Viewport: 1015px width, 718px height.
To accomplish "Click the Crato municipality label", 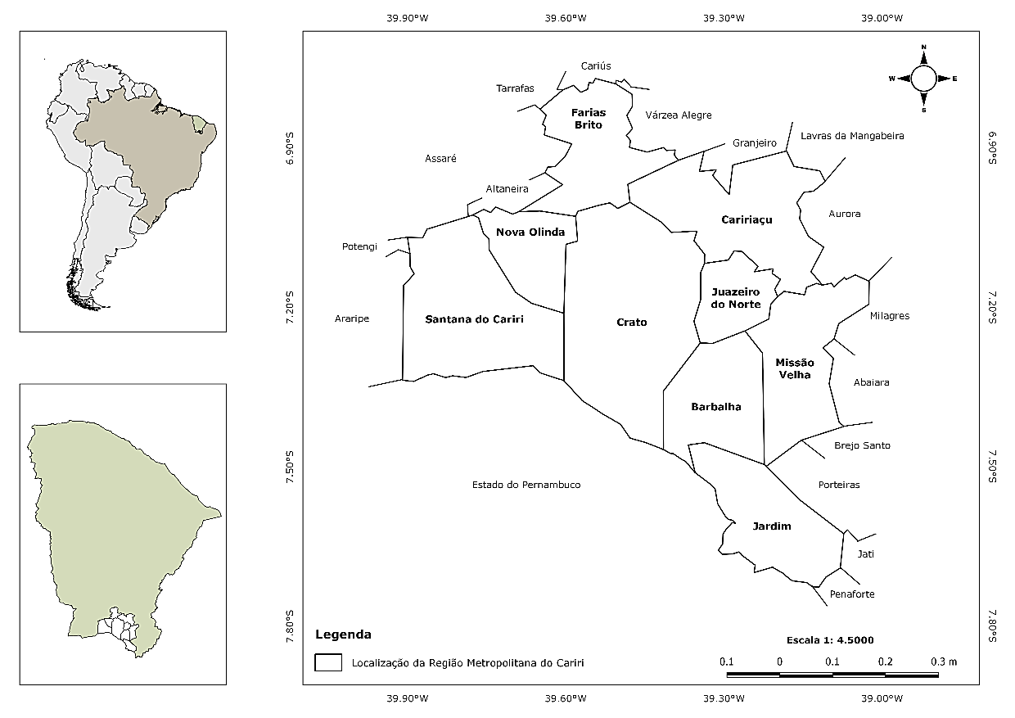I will [x=631, y=322].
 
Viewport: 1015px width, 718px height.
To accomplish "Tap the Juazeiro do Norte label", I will [x=736, y=298].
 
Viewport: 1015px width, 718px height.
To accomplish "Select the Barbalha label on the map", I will [x=716, y=406].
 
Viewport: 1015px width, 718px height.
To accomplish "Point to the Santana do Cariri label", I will [x=474, y=319].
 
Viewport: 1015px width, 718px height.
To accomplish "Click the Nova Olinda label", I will [x=530, y=232].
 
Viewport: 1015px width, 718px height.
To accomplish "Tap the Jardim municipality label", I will [x=772, y=526].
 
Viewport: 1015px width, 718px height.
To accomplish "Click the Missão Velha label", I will [x=794, y=368].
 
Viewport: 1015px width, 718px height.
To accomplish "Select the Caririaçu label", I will [x=747, y=219].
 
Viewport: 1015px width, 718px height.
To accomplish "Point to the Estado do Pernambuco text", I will [x=526, y=485].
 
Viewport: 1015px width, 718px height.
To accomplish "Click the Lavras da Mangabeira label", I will [x=852, y=136].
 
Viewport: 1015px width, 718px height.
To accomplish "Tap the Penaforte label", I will [x=852, y=594].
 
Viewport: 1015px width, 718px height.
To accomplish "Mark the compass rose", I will [x=923, y=79].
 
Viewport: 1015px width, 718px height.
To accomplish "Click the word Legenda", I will [x=343, y=634].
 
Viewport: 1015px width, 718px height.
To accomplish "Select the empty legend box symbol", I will [x=329, y=662].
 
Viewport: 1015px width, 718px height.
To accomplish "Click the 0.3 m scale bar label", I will [x=945, y=661].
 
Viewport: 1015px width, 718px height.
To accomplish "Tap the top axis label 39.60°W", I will [x=566, y=18].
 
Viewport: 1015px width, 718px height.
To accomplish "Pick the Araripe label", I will [x=352, y=318].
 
